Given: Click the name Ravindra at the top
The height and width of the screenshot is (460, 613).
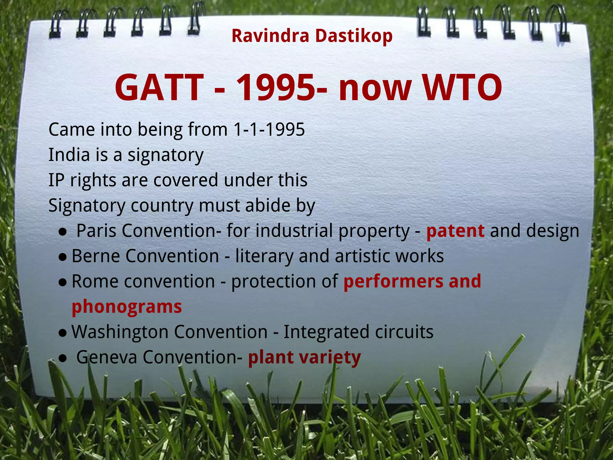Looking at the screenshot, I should [x=270, y=36].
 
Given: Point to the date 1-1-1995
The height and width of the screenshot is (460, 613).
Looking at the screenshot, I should [x=269, y=130].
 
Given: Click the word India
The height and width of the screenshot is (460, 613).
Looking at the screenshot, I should [x=69, y=155].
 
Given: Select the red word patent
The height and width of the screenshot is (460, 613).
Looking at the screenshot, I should [x=455, y=231].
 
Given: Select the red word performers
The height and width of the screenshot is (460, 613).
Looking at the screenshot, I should [x=393, y=282].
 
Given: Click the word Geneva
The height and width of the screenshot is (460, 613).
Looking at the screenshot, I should [x=107, y=357].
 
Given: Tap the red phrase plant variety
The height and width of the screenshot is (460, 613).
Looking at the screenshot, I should [x=304, y=358].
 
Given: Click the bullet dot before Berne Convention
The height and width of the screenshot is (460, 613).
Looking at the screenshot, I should [x=63, y=257].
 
